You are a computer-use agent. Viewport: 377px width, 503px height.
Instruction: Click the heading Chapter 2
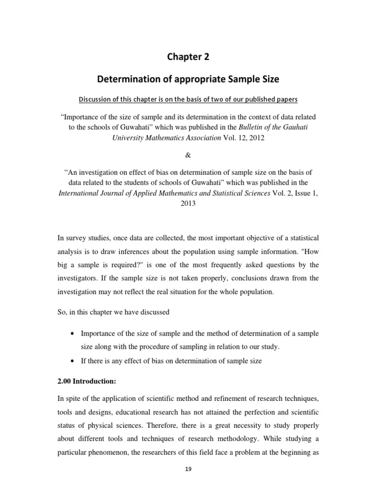coord(189,57)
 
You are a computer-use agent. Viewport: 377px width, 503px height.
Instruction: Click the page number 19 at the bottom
coord(189,469)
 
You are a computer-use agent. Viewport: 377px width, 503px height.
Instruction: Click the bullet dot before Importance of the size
coord(73,334)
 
